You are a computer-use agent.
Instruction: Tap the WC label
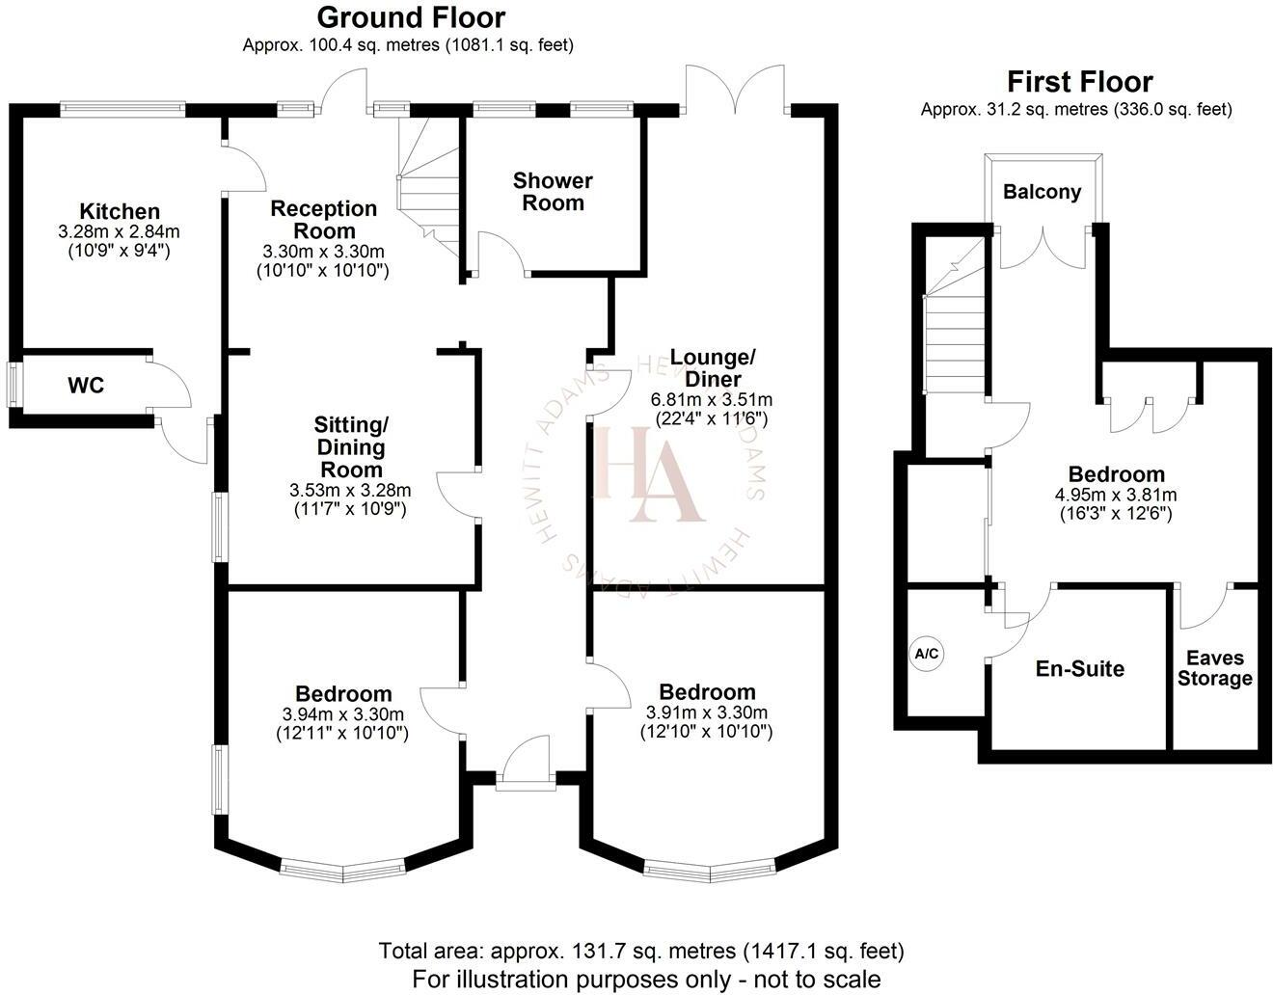[x=86, y=387]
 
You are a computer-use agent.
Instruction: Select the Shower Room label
[x=553, y=192]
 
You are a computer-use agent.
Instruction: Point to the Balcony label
[x=1042, y=192]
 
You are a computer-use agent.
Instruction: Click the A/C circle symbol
[x=927, y=655]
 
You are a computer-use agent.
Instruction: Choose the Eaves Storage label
[x=1215, y=668]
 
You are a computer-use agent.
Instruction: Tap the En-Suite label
[x=1080, y=669]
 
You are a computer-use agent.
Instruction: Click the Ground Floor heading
[x=411, y=17]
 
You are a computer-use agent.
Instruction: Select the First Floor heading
[x=1079, y=81]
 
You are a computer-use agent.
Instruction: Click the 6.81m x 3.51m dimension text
[x=713, y=399]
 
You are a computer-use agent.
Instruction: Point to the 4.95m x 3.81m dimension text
[x=1117, y=496]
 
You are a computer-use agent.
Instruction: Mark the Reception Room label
[x=324, y=220]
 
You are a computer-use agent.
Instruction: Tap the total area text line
[x=641, y=951]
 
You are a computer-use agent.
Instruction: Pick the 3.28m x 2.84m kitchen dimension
[x=120, y=232]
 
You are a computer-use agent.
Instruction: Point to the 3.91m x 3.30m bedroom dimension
[x=707, y=713]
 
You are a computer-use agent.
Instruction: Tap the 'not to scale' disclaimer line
[x=646, y=978]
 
